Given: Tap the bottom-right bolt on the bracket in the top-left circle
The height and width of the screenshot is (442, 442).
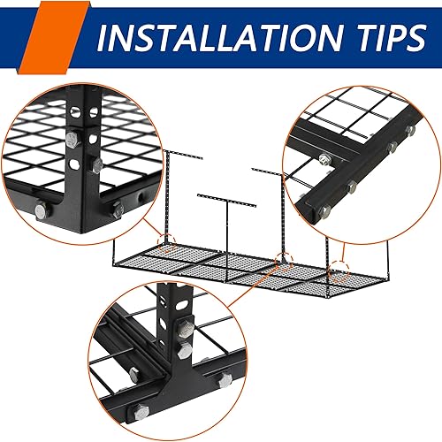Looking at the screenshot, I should click(117, 210).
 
